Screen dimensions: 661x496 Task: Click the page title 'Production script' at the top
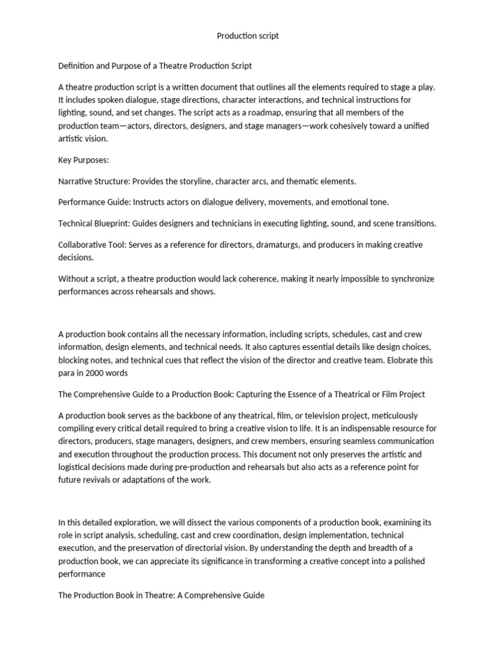[x=248, y=36]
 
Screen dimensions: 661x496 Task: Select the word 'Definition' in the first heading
[x=77, y=66]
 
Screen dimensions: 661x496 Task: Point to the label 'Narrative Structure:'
[x=94, y=181]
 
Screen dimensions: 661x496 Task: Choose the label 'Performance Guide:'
[x=94, y=202]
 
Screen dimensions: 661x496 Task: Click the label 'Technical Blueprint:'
[x=94, y=223]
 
